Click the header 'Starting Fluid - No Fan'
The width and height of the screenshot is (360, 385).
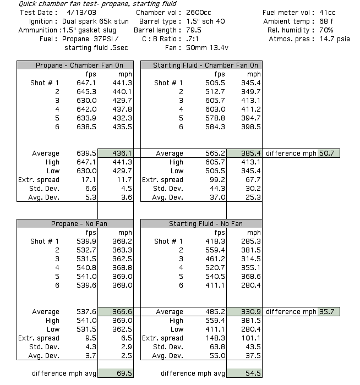click(200, 224)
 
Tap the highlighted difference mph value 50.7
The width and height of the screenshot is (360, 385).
click(328, 153)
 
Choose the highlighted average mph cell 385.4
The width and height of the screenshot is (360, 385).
click(250, 153)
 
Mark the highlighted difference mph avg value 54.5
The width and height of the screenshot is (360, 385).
click(250, 373)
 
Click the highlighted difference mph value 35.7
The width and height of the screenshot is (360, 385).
click(328, 312)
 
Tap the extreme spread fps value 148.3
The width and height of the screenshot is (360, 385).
click(217, 338)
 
